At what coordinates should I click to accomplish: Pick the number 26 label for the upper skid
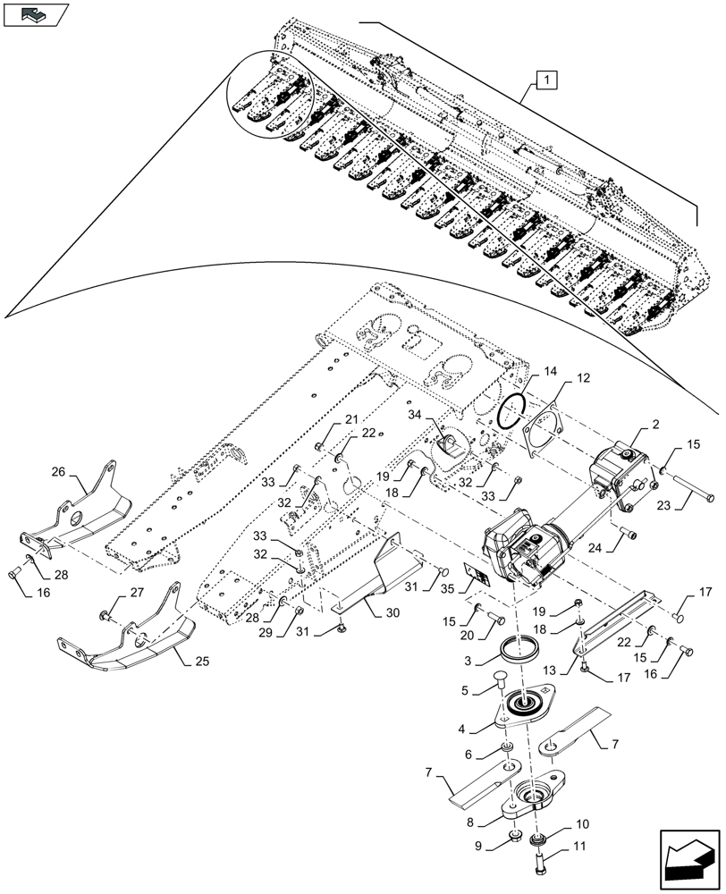coord(58,471)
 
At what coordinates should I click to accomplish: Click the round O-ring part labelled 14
coord(513,414)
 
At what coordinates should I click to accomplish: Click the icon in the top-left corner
coord(36,14)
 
